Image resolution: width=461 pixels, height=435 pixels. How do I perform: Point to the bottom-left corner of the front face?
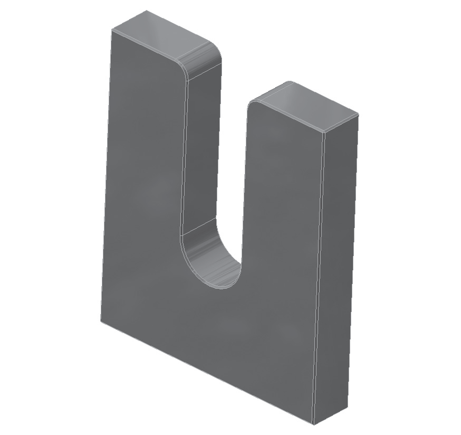coord(100,320)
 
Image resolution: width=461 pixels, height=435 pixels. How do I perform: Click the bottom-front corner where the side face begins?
coord(313,424)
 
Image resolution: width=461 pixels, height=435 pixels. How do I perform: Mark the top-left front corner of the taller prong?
coord(111,31)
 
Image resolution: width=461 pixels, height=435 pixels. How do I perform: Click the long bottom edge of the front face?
coord(206,372)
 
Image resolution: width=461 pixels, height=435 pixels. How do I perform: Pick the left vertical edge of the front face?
coord(105,174)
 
